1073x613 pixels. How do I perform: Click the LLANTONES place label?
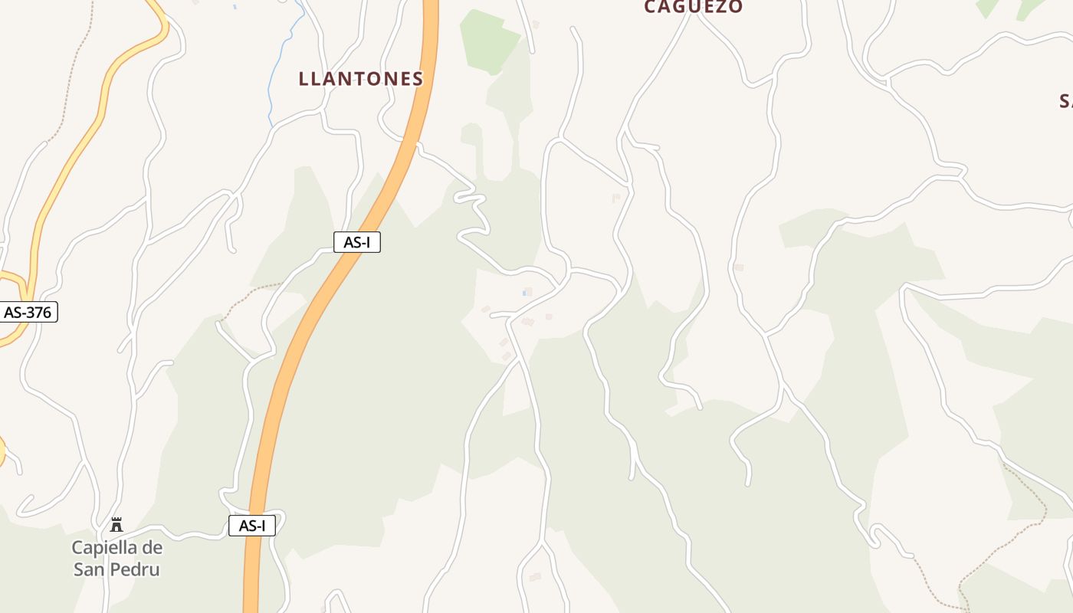point(360,78)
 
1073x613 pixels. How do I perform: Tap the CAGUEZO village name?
point(693,7)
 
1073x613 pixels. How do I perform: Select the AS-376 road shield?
point(28,312)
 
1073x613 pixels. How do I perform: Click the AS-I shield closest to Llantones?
point(357,242)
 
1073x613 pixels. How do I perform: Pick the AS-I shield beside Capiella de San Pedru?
point(252,526)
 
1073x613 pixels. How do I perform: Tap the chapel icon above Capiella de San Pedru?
point(116,525)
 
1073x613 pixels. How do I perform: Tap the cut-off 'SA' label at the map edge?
point(1066,101)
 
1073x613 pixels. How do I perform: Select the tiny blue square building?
point(527,292)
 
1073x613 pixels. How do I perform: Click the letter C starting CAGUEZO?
point(651,7)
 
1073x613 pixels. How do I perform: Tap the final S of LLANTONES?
point(417,78)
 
